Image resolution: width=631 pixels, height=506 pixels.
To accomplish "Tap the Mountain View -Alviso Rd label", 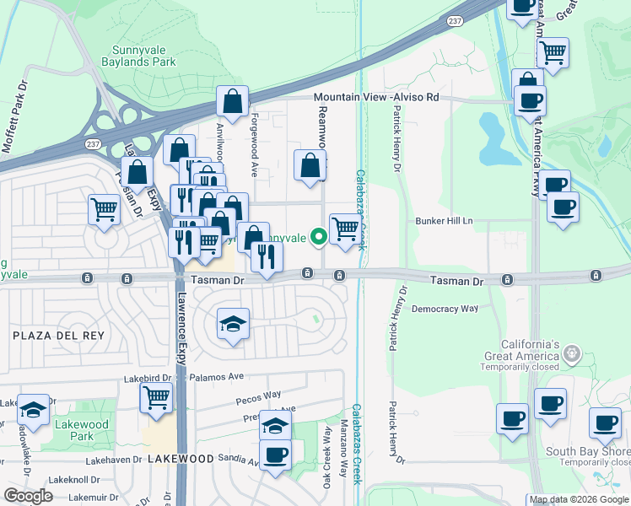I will (x=377, y=98).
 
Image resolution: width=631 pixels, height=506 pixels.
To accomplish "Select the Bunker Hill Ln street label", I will (x=445, y=221).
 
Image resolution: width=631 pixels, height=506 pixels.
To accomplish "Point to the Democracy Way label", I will (x=445, y=310).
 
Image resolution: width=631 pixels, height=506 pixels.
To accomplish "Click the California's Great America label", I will (x=520, y=351).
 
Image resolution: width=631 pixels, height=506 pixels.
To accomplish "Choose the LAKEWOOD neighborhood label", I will (x=181, y=459).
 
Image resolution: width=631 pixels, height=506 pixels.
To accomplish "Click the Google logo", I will (x=28, y=496).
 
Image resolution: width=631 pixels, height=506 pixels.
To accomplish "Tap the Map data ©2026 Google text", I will (x=579, y=499).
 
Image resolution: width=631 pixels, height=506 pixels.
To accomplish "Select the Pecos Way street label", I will (x=260, y=395).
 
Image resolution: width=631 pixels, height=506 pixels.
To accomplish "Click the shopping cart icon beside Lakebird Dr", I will (x=157, y=397).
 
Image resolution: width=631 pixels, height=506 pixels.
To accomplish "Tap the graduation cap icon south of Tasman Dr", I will (x=233, y=324).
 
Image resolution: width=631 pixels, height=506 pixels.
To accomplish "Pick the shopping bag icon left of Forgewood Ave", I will (x=232, y=102).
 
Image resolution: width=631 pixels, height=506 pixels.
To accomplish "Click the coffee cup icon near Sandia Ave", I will (x=275, y=455).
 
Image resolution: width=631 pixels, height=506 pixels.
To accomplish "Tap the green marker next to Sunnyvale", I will (x=319, y=238).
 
